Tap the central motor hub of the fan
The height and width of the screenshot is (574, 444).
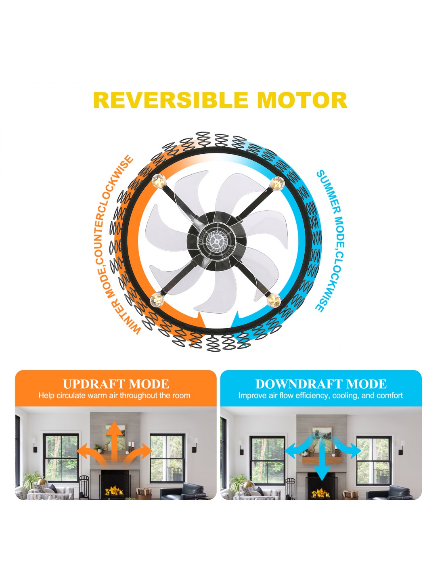click(217, 241)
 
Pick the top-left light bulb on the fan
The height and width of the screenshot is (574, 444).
click(159, 180)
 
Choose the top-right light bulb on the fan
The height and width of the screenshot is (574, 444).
click(277, 183)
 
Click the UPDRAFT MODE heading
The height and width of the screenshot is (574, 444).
click(116, 384)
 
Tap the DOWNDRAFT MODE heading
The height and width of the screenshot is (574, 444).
click(321, 384)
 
